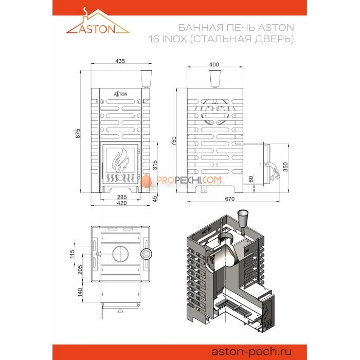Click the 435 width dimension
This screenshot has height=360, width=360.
pyautogui.click(x=120, y=61)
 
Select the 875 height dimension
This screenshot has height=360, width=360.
pyautogui.click(x=78, y=133)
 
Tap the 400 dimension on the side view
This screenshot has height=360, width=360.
pyautogui.click(x=214, y=64)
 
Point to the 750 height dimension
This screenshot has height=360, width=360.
pyautogui.click(x=174, y=141)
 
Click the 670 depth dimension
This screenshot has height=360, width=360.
pyautogui.click(x=229, y=199)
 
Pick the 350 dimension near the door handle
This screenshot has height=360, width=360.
pyautogui.click(x=285, y=167)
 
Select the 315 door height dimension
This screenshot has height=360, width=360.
pyautogui.click(x=155, y=165)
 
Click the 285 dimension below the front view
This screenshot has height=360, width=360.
pyautogui.click(x=122, y=197)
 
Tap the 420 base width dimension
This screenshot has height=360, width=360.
pyautogui.click(x=122, y=203)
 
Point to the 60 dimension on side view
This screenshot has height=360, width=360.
pyautogui.click(x=251, y=179)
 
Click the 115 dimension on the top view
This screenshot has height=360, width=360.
pyautogui.click(x=72, y=254)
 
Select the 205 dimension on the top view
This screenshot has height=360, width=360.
pyautogui.click(x=80, y=269)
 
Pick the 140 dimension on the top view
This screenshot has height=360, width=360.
pyautogui.click(x=80, y=292)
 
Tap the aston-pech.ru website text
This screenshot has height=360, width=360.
pyautogui.click(x=251, y=351)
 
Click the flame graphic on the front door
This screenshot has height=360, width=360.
pyautogui.click(x=120, y=160)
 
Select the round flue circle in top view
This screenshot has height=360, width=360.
pyautogui.click(x=120, y=254)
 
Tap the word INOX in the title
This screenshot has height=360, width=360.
pyautogui.click(x=174, y=39)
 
